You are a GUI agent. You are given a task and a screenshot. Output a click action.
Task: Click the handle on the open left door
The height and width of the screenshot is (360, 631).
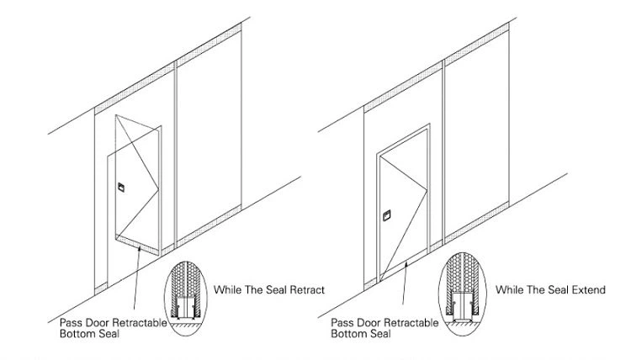point(120,186)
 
